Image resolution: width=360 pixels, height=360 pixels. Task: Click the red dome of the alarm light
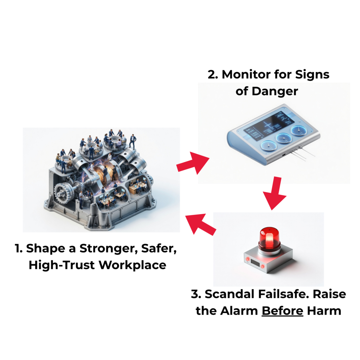click(269, 239)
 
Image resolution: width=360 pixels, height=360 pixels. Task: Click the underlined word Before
click(282, 311)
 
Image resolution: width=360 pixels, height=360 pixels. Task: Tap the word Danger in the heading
click(275, 92)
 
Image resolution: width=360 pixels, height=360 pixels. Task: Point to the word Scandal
click(230, 294)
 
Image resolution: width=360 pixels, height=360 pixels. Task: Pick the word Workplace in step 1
click(133, 265)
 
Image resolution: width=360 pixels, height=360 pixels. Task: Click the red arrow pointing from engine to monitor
click(193, 163)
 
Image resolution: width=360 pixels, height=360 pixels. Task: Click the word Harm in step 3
click(324, 311)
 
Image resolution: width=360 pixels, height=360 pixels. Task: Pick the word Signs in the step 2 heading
click(312, 75)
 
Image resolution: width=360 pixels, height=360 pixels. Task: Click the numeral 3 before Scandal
click(196, 294)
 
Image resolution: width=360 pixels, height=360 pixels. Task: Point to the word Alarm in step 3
click(239, 311)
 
